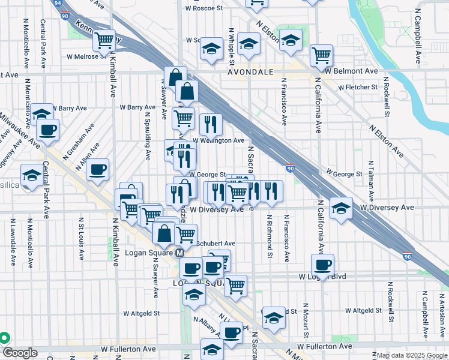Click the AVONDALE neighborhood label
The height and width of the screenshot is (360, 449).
click(x=250, y=71)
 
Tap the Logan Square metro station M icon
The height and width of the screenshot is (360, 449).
click(x=179, y=253)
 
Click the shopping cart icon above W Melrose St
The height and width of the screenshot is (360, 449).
click(x=104, y=41)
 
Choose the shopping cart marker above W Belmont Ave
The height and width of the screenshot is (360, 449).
click(x=322, y=56)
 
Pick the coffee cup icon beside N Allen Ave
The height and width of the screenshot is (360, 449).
click(x=97, y=169)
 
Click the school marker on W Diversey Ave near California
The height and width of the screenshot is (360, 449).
click(x=342, y=208)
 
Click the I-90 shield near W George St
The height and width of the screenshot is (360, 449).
click(x=290, y=170)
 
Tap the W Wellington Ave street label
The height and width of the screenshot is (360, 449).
click(x=218, y=140)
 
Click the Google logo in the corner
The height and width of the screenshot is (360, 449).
click(x=19, y=353)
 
